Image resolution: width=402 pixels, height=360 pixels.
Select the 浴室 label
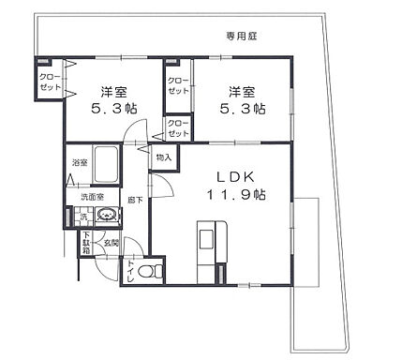[x=78, y=163]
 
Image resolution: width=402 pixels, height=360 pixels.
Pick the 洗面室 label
[x=90, y=197]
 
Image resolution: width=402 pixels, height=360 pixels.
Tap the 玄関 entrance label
[x=112, y=243]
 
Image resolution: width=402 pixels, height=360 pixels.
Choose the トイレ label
[x=128, y=270]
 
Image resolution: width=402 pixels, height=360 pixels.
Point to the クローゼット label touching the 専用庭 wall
[x=50, y=81]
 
